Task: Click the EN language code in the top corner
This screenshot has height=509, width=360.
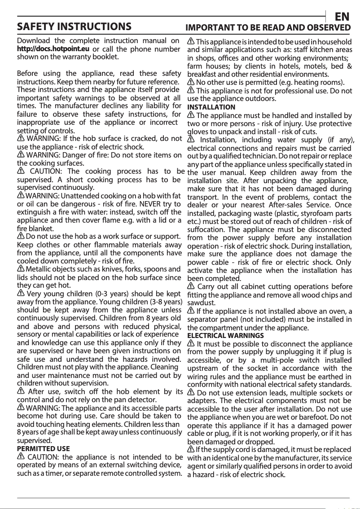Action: [342, 17]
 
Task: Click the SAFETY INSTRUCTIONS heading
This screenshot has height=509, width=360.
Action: [74, 26]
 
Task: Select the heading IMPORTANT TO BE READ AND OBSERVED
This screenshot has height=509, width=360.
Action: [268, 27]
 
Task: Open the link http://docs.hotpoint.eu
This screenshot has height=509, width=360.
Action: [53, 48]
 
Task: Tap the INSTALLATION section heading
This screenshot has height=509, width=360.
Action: [211, 107]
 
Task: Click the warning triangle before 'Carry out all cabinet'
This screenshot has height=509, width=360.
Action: [190, 286]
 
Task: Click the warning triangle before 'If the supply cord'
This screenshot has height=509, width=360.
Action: [190, 449]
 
